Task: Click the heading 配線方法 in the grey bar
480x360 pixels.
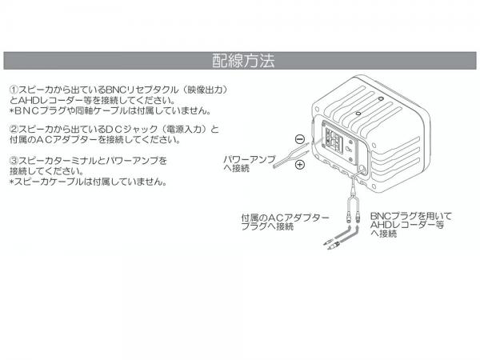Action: click(x=243, y=61)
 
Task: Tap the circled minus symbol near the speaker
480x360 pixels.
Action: click(x=300, y=139)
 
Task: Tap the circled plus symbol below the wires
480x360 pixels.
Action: click(x=300, y=165)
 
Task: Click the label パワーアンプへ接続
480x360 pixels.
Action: click(x=250, y=164)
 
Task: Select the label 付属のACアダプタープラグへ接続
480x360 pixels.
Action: click(x=285, y=222)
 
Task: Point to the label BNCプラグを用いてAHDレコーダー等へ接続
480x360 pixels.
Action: click(x=411, y=225)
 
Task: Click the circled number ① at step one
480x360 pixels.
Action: click(x=14, y=90)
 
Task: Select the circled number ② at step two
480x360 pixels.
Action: click(x=14, y=129)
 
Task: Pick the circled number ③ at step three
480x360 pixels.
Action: click(x=14, y=160)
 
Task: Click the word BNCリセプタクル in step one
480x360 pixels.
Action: click(x=142, y=90)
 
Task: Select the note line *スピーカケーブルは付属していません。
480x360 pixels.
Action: click(x=89, y=182)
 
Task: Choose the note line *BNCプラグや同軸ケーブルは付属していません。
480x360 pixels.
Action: click(x=110, y=110)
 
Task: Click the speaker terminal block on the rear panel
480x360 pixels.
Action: click(x=334, y=141)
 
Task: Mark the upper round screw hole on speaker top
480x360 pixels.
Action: click(x=381, y=99)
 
